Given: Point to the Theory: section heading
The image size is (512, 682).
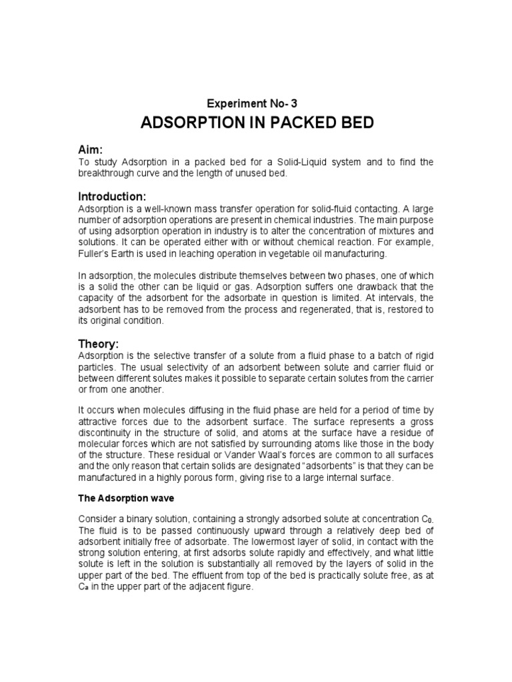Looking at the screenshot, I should tap(99, 344).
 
